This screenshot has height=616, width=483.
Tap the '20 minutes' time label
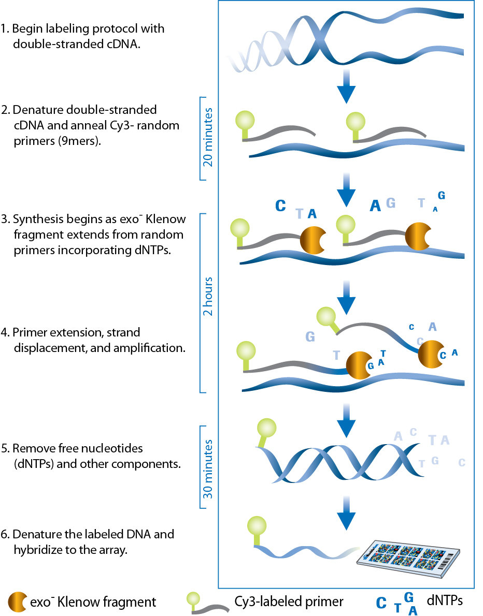[208, 137]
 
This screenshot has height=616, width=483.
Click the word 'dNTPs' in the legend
[444, 600]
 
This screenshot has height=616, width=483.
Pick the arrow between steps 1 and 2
[346, 86]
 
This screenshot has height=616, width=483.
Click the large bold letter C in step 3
[280, 206]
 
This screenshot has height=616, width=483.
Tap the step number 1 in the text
[5, 28]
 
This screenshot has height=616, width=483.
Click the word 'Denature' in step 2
[34, 110]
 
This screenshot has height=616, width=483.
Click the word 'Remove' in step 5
[30, 448]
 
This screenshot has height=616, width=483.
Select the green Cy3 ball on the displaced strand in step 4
[326, 316]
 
